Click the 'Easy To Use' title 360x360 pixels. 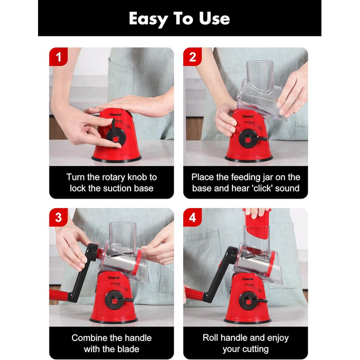click(x=179, y=19)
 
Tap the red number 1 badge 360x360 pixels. click(x=58, y=57)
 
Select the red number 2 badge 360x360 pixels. click(x=192, y=57)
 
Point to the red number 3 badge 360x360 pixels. click(x=58, y=218)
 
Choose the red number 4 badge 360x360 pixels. click(x=192, y=218)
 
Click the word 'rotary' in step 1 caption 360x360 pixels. click(x=114, y=178)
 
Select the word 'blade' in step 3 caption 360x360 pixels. click(x=127, y=349)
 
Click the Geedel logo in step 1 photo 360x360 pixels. click(x=114, y=114)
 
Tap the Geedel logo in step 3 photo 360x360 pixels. click(x=114, y=278)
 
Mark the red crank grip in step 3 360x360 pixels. click(x=59, y=295)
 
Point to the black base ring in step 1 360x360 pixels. click(x=117, y=159)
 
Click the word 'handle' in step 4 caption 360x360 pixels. click(x=234, y=338)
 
